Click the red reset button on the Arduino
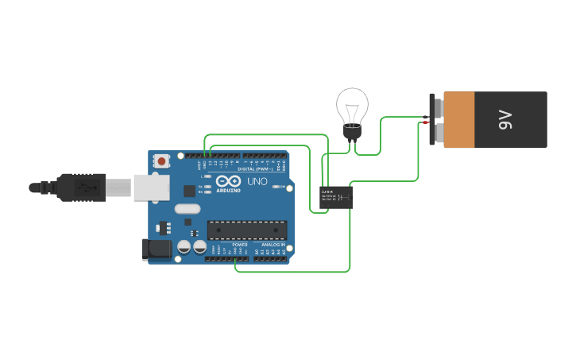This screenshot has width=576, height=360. click(x=162, y=161)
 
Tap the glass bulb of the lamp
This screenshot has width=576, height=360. click(x=352, y=105)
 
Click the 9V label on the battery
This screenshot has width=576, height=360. click(x=506, y=120)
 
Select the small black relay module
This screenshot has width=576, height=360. click(x=336, y=196)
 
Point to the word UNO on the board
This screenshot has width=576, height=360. click(x=257, y=181)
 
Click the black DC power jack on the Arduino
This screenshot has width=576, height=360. click(x=157, y=250)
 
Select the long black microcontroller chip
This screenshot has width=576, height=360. click(x=247, y=230)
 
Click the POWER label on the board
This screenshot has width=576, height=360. click(x=239, y=245)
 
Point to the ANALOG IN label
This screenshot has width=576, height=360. click(x=272, y=245)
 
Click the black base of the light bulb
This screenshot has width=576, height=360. click(x=352, y=131)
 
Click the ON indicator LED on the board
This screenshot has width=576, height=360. click(x=276, y=187)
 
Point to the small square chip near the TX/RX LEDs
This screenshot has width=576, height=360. click(x=189, y=191)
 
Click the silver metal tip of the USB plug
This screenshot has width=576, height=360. click(x=119, y=188)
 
